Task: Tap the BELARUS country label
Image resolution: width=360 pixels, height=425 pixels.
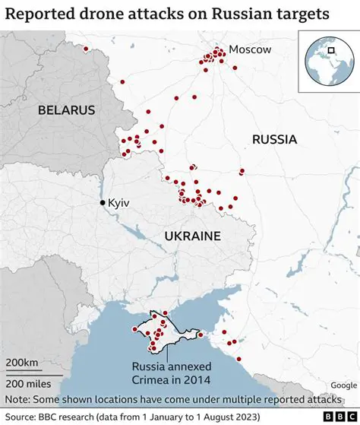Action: [67, 110]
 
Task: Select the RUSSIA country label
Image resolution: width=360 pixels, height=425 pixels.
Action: [274, 139]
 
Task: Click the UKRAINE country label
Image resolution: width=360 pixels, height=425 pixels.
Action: [192, 236]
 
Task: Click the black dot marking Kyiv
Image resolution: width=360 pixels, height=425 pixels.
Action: [103, 203]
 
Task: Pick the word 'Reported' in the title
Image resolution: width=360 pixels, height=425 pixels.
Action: [39, 14]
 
